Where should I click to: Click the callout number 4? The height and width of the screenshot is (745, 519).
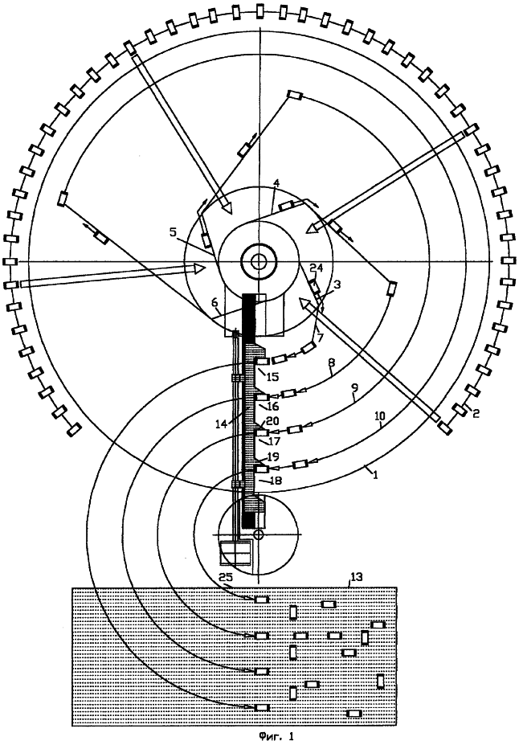tap(276, 184)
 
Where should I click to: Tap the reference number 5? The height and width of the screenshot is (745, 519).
tap(172, 233)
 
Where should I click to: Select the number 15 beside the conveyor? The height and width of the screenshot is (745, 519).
tap(273, 376)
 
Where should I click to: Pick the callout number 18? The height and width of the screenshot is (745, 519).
tap(276, 480)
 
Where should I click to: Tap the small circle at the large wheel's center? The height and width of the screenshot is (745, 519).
tap(259, 260)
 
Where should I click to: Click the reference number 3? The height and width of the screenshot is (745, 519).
tap(337, 283)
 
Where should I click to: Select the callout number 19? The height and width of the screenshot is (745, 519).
tap(272, 455)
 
